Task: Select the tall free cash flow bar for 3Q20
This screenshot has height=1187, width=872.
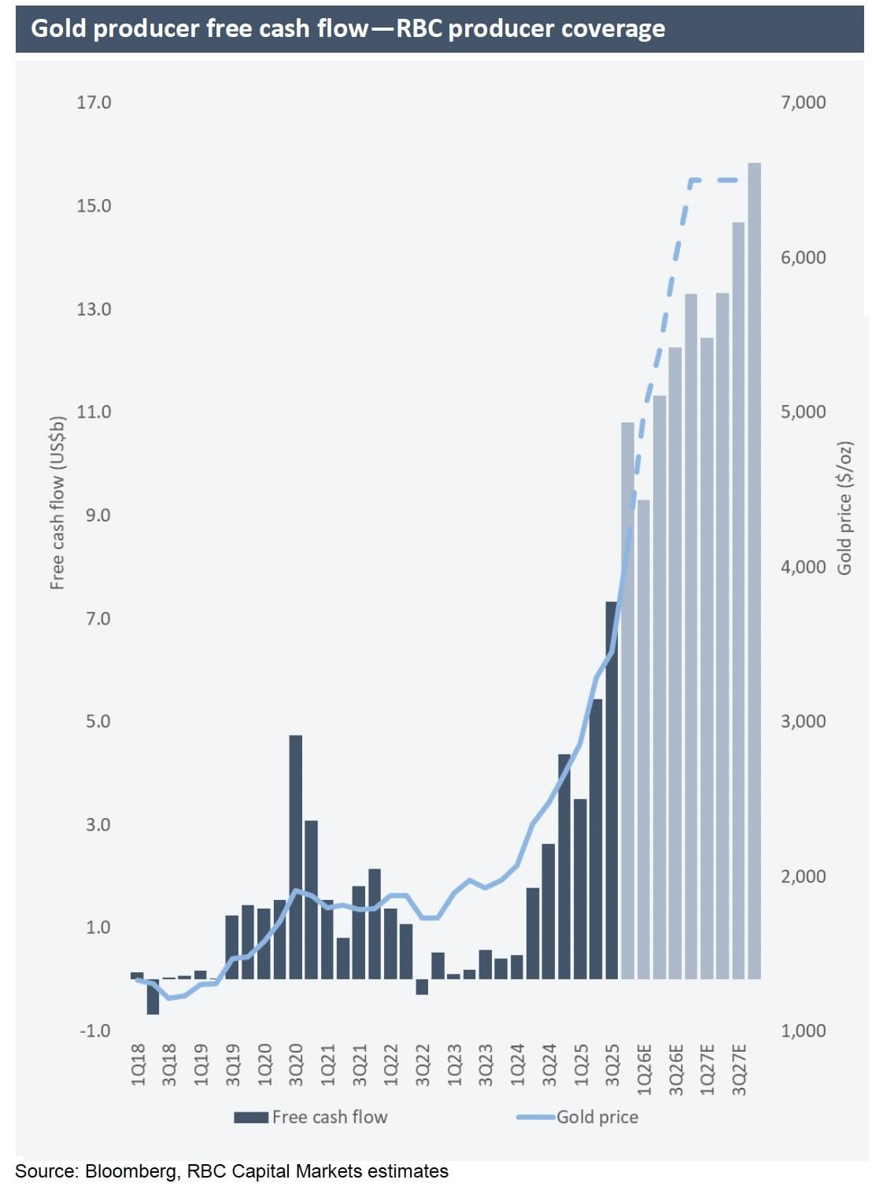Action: point(296,857)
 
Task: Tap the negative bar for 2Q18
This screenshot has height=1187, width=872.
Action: point(153,997)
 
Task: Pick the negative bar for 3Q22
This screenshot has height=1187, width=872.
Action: point(422,987)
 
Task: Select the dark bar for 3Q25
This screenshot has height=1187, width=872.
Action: point(612,790)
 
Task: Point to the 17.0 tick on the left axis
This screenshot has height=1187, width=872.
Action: point(94,102)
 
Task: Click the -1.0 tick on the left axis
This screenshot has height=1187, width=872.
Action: point(95,1030)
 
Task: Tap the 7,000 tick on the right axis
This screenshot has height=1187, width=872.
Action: point(803,102)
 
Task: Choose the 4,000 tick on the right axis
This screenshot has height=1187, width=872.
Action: point(803,566)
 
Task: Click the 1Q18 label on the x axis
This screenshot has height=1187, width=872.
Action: point(139,1064)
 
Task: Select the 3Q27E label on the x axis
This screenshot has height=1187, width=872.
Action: point(739,1069)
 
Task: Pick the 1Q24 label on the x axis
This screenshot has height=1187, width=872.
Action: point(517,1064)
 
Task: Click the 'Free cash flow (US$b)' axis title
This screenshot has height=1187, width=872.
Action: point(57,502)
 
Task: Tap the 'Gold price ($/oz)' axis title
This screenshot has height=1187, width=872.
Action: point(844,508)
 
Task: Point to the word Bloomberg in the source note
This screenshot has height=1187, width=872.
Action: point(131,1171)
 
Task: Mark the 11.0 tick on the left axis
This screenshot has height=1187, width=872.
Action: point(94,411)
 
